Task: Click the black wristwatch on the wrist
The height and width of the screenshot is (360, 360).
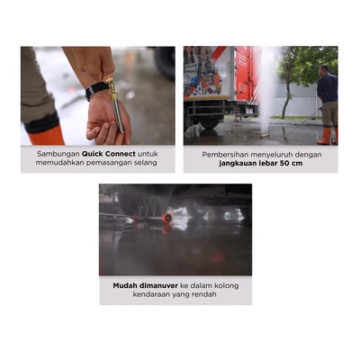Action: (x=96, y=89)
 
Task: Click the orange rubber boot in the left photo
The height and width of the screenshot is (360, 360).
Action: (x=46, y=135)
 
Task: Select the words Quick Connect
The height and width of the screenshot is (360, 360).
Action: (x=109, y=154)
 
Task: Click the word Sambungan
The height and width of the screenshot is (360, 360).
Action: (x=58, y=154)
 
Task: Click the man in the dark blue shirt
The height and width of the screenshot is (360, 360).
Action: (x=327, y=104)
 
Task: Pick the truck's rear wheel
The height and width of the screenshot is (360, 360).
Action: (x=209, y=122)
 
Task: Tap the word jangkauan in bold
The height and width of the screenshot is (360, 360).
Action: (x=236, y=164)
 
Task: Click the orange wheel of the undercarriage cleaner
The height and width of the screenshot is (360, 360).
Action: (x=167, y=218)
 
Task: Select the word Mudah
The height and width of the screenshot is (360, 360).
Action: (x=124, y=285)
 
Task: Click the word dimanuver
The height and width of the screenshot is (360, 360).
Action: (x=158, y=285)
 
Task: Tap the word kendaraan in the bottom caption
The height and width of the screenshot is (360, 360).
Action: (x=151, y=294)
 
